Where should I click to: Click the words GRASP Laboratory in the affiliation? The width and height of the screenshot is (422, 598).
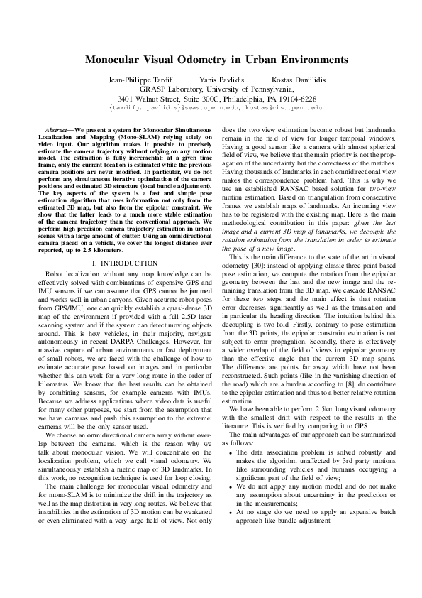pyautogui.click(x=170, y=89)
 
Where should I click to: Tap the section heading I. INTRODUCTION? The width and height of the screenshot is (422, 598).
pyautogui.click(x=119, y=242)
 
